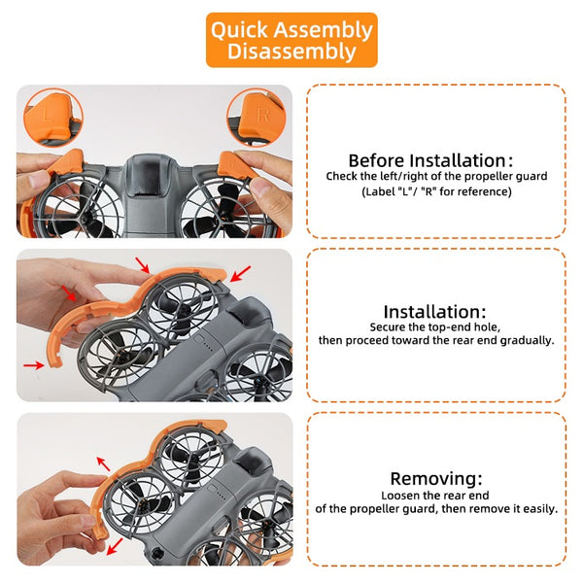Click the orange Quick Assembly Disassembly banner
(x=291, y=40)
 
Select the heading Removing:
(x=436, y=478)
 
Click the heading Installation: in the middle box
(x=434, y=312)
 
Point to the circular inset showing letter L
(x=53, y=118)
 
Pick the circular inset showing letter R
(x=257, y=118)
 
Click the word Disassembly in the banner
(x=291, y=51)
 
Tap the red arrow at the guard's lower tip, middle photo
(x=34, y=366)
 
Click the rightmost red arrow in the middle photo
(x=240, y=274)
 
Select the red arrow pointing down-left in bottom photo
(x=115, y=546)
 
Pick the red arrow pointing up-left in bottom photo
(x=103, y=464)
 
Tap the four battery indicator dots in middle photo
(x=209, y=349)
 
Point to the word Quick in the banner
(x=239, y=30)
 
